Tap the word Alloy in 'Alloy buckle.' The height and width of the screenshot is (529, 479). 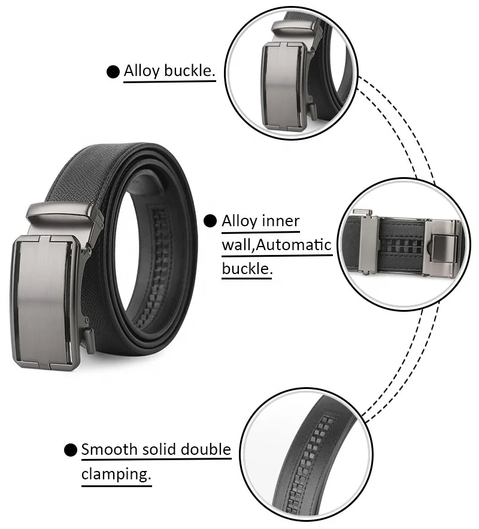pyautogui.click(x=142, y=71)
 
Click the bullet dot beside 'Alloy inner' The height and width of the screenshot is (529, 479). pyautogui.click(x=210, y=221)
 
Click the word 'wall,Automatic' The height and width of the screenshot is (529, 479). pyautogui.click(x=277, y=244)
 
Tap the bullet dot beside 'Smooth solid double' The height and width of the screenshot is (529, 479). pyautogui.click(x=71, y=450)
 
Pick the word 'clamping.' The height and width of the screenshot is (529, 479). pyautogui.click(x=115, y=474)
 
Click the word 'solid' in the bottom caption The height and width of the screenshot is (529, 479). pyautogui.click(x=159, y=449)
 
